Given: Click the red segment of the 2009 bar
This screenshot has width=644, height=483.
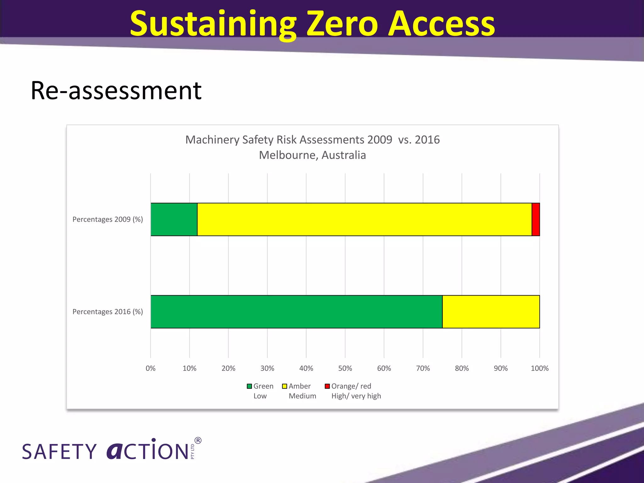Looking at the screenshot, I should pos(536,219).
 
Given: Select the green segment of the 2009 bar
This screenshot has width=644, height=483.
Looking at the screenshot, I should pos(174,219).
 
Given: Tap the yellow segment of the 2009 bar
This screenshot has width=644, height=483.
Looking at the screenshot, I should pos(364,219).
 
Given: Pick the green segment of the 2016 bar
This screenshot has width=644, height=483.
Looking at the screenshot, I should pos(296,312).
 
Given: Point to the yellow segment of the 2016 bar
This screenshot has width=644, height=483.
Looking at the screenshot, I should pos(491,312).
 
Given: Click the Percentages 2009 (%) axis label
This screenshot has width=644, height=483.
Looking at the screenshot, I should pos(108,219).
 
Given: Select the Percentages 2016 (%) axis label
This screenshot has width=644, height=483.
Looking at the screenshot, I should pos(108,312).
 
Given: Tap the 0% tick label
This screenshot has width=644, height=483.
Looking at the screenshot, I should pos(151,368).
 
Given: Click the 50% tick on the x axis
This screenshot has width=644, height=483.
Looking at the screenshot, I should pos(345,368).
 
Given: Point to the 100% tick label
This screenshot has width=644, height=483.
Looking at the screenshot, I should pos(540,368).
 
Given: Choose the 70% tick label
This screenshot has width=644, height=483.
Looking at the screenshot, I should pos(423,368).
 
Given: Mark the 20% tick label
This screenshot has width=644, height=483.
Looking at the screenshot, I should pos(228,368).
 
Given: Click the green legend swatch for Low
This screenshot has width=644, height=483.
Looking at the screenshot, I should pos(249,386).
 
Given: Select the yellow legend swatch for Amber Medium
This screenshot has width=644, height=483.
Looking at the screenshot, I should pos(285,386).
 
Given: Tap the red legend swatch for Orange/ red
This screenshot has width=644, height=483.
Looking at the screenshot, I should pos(327,386).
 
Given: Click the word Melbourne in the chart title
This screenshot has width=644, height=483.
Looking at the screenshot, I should pos(288,155).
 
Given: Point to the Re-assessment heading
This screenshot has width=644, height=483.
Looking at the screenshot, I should pos(116,91).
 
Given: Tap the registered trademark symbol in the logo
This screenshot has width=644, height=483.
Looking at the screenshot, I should pos(198,440).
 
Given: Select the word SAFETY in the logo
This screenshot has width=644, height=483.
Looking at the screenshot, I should pos(59,452).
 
